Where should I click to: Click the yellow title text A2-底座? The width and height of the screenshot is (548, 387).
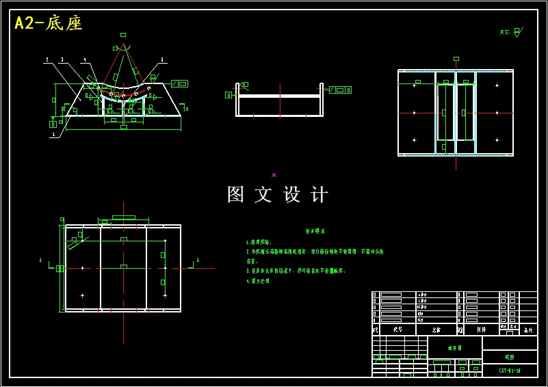[49, 23]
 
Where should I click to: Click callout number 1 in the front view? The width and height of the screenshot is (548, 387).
[52, 135]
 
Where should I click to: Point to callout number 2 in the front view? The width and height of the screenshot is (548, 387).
[47, 60]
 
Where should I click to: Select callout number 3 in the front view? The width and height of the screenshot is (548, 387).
[62, 60]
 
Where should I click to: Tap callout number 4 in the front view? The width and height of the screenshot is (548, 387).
[85, 60]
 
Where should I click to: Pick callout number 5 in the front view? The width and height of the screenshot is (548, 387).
[162, 60]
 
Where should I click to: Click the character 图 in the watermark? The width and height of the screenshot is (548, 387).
[236, 195]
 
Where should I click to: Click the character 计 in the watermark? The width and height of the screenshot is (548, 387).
[319, 195]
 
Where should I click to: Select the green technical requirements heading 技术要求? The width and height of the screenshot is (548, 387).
[315, 231]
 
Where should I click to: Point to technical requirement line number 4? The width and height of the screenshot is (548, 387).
[258, 281]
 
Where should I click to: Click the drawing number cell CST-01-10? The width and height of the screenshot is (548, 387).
[510, 371]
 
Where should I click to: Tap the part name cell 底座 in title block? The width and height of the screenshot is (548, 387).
[510, 357]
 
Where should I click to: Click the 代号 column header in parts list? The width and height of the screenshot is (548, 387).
[397, 330]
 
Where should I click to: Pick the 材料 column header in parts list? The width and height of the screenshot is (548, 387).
[482, 330]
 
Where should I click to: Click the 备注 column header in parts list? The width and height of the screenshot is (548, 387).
[527, 330]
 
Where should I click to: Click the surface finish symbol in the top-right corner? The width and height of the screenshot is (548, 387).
[517, 31]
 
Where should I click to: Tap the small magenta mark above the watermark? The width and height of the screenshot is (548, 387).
[274, 176]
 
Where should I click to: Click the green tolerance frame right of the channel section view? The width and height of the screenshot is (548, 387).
[340, 90]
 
